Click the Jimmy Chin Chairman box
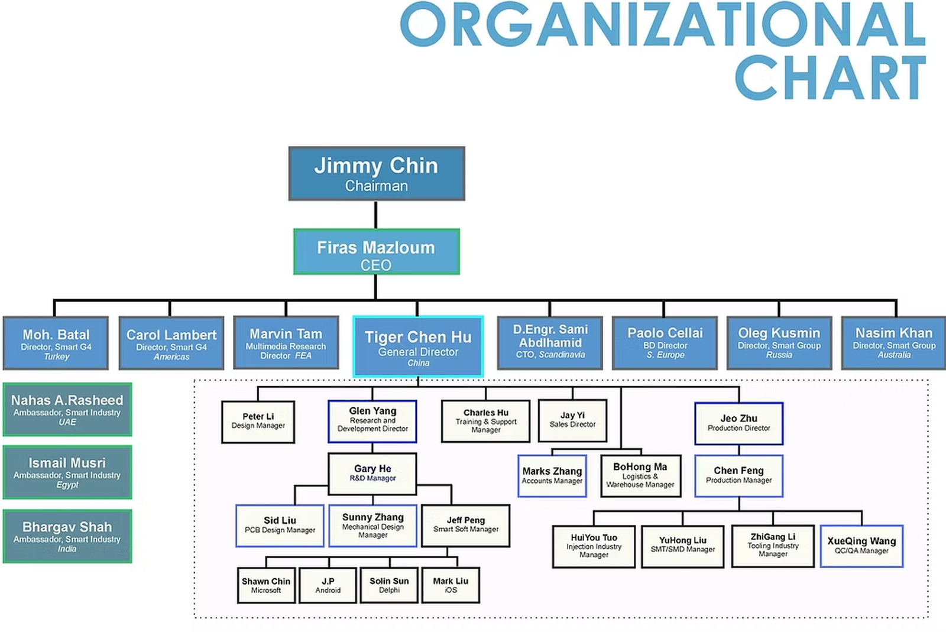pos(377,174)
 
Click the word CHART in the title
pos(830,77)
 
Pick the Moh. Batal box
pos(56,343)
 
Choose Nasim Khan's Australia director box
pos(893,343)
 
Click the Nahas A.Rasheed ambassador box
pos(67,410)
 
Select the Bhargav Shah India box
pos(67,536)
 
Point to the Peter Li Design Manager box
pos(258,422)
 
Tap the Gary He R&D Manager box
pos(372,474)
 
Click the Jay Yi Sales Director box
pos(572,420)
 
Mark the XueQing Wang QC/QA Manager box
pos(861,546)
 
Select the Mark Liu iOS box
pos(451,585)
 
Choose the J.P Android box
pos(328,585)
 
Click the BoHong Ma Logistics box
pos(640,475)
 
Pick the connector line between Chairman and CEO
pos(376,215)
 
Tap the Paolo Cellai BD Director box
pos(665,343)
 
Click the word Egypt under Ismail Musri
pos(67,485)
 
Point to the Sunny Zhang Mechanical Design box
pos(372,525)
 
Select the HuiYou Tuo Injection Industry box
pos(594,546)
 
